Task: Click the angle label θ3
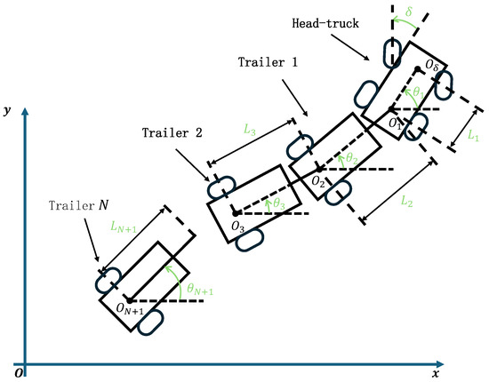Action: tap(279, 203)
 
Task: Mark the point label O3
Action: tap(237, 228)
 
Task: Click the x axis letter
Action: tap(437, 374)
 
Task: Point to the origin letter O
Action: tap(19, 371)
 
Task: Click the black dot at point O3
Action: tap(235, 213)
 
